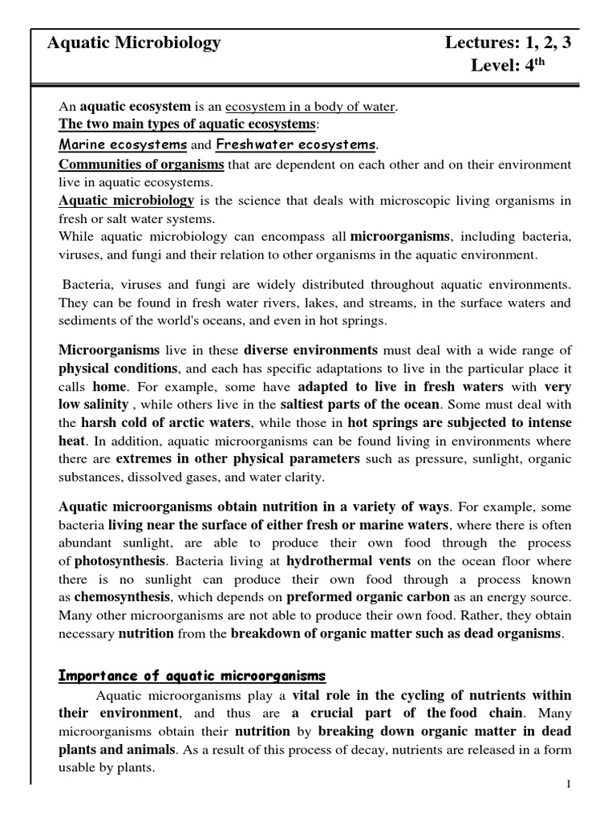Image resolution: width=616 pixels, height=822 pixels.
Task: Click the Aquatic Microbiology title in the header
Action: (x=133, y=43)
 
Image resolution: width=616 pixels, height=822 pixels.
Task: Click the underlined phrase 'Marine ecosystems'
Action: (x=123, y=144)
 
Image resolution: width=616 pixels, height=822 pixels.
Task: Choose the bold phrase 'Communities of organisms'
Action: (x=142, y=165)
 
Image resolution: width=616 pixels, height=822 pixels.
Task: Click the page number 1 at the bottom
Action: (x=568, y=784)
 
